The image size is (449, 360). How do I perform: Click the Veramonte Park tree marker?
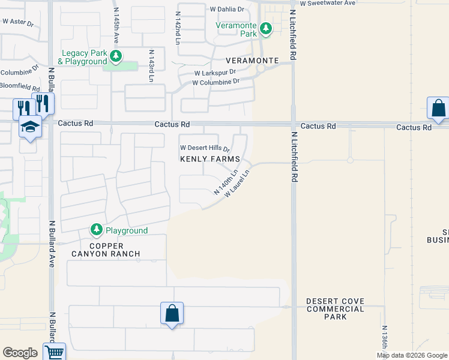tap(265, 28)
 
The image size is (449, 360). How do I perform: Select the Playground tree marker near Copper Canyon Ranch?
tap(96, 230)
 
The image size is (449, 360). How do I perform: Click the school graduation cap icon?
tap(29, 127)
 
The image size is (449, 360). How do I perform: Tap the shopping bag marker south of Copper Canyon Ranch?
tap(172, 313)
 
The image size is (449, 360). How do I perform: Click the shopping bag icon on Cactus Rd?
tap(438, 109)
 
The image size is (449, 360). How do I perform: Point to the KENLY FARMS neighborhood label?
tap(210, 159)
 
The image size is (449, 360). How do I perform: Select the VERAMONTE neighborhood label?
tap(252, 61)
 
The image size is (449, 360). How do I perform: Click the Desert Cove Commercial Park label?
tap(335, 309)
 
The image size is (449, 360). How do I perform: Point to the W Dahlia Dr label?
tap(228, 10)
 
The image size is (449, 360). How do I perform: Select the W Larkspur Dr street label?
tap(214, 73)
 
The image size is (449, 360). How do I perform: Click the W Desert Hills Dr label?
tap(205, 148)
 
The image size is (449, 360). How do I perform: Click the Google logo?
tap(20, 353)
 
